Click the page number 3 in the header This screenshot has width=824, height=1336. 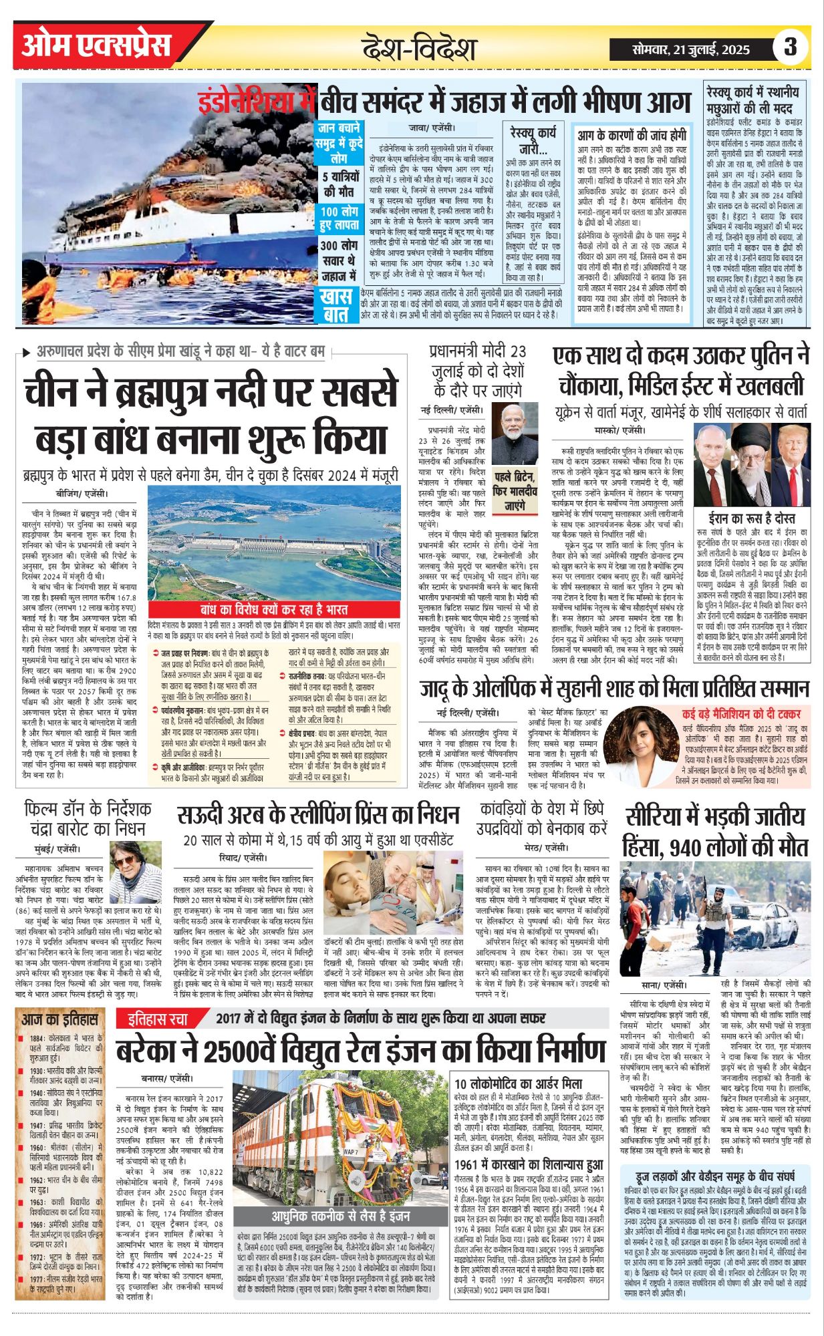tap(791, 47)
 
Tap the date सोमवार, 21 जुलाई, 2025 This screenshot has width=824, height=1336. tap(691, 49)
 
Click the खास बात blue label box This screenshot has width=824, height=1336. tap(336, 305)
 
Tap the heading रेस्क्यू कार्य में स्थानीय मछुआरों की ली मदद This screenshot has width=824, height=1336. tap(752, 99)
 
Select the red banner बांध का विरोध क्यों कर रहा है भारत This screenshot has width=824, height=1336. tap(273, 609)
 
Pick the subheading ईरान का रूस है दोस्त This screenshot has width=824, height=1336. tap(752, 518)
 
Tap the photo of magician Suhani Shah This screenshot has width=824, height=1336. tap(640, 746)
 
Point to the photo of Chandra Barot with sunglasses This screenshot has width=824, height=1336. tap(135, 872)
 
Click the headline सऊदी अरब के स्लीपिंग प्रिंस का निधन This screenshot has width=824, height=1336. tap(318, 816)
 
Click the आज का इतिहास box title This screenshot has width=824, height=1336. tap(59, 1020)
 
